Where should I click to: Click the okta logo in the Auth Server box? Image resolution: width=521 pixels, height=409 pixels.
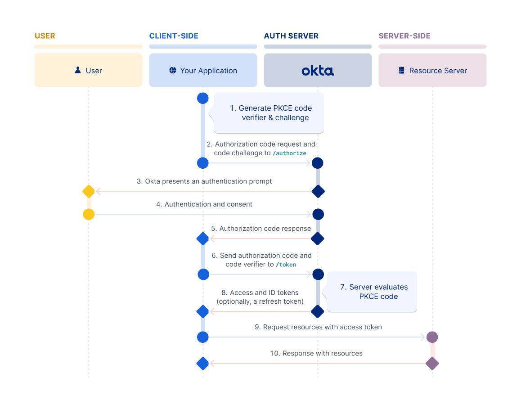point(318,71)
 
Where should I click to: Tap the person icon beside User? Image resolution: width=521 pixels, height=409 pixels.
point(78,70)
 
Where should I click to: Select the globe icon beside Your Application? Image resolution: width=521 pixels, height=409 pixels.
point(173,70)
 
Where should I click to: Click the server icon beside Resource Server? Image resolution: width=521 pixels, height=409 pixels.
point(402,71)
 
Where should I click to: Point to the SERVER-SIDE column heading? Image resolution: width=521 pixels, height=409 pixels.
point(404,36)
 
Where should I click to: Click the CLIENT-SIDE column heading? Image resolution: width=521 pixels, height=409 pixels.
point(174,36)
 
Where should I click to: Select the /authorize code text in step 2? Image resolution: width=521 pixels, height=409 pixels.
point(289,153)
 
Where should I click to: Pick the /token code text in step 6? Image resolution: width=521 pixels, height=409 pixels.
point(286,265)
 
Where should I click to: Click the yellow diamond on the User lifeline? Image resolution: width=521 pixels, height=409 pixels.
point(89,191)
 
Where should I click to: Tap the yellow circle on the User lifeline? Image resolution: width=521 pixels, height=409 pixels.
point(89,214)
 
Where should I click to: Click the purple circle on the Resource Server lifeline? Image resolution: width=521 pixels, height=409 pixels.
point(432,337)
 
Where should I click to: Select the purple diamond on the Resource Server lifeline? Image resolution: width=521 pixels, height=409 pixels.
point(432,363)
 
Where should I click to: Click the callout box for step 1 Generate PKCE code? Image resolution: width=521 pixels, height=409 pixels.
point(269,113)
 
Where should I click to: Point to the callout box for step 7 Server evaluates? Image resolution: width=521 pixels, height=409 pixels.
point(373,292)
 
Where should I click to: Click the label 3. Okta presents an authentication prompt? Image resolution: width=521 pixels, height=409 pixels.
point(204,181)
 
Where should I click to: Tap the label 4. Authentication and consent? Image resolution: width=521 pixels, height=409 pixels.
point(204,204)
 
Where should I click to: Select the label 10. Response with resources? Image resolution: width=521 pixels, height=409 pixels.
point(316,353)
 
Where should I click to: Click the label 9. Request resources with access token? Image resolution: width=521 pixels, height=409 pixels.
point(318,327)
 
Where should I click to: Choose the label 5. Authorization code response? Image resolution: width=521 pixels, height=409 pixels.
point(261,229)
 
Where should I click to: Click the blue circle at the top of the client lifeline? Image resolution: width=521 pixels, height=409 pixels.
point(203,98)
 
